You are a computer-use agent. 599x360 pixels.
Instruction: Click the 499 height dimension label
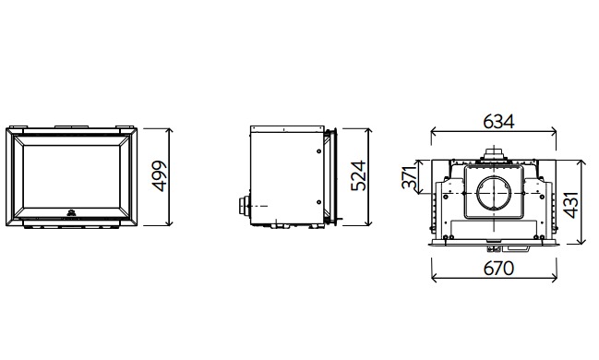point(160,176)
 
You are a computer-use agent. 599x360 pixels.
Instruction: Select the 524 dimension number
point(358,175)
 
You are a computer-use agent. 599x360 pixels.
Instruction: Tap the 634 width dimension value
point(498,122)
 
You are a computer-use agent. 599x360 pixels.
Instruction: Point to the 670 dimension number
point(498,269)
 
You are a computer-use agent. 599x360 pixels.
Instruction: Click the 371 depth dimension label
point(409,177)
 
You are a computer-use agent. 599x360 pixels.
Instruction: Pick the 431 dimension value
point(571,205)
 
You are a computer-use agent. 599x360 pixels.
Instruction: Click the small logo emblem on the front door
point(71,213)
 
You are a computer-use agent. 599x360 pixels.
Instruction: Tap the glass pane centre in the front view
point(71,177)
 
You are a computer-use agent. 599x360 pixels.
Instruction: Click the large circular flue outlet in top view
point(494,193)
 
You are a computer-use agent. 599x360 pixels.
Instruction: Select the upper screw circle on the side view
point(319,151)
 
